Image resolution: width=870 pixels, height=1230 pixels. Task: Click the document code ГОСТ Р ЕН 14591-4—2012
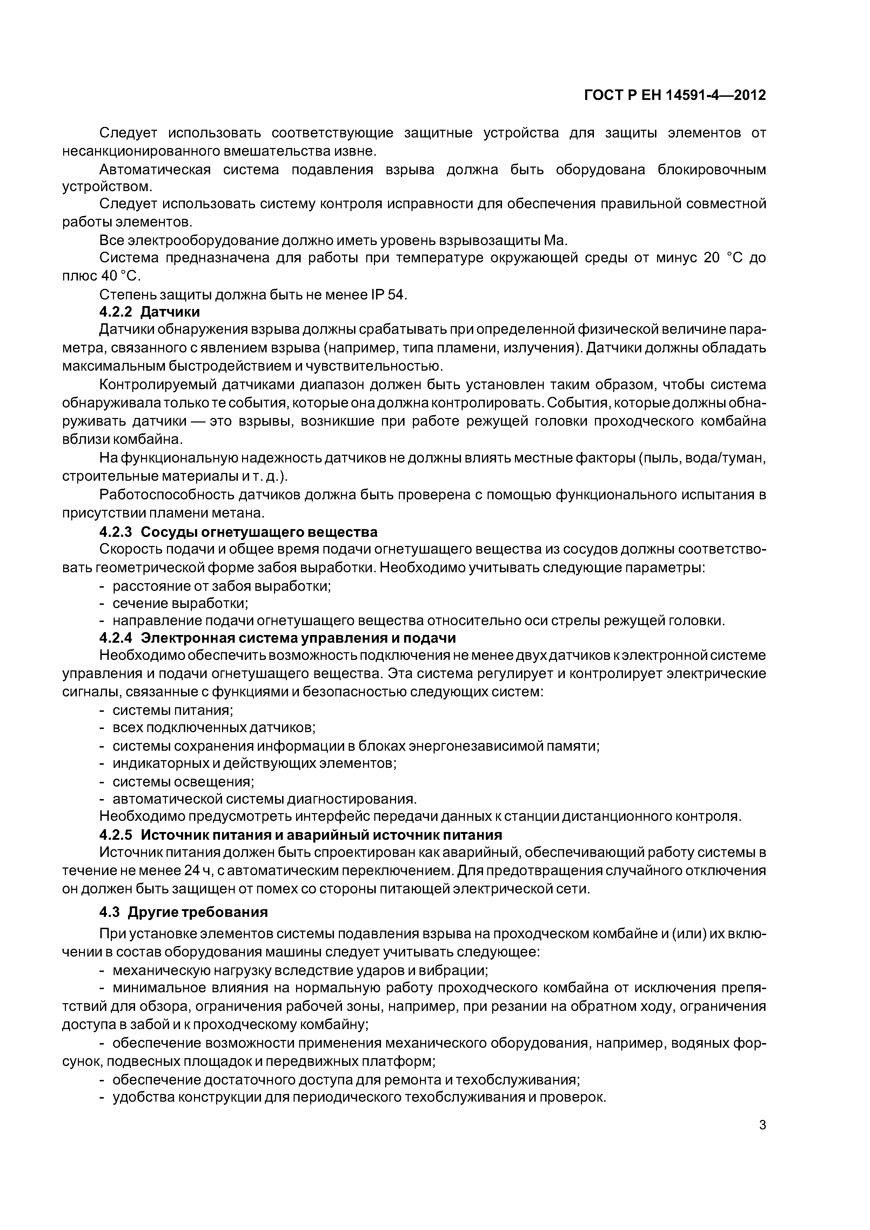click(x=674, y=95)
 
